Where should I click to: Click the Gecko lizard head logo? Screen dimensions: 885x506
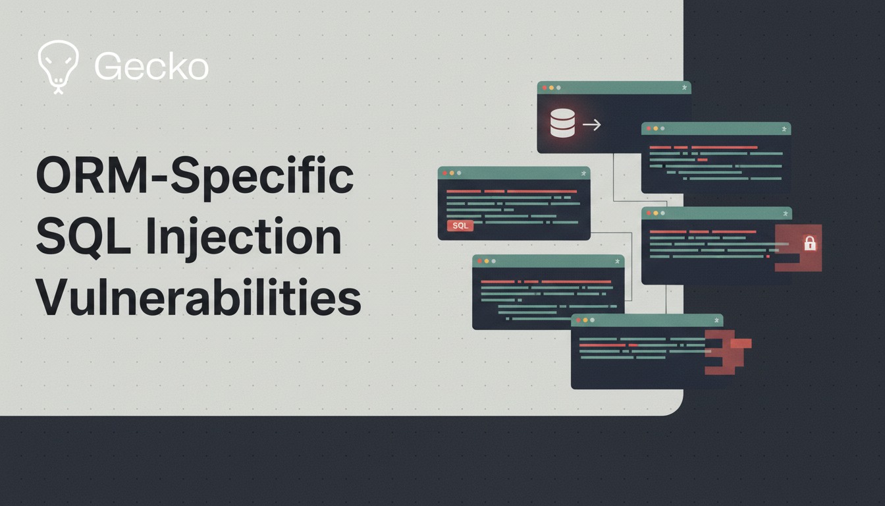tap(58, 67)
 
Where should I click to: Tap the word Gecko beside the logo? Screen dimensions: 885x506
tap(151, 67)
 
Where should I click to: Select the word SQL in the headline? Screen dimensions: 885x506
tap(83, 237)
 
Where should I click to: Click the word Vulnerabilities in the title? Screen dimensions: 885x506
tap(198, 297)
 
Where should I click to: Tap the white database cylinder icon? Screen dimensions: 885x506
tap(562, 123)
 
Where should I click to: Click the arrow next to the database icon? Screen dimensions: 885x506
tap(592, 125)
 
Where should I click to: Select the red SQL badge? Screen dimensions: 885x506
tap(460, 226)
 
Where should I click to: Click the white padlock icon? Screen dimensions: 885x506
tap(810, 243)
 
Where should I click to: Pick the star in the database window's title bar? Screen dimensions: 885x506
tap(684, 88)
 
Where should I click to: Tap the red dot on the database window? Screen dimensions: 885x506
tap(545, 88)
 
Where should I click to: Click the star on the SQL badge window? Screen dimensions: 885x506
tap(583, 173)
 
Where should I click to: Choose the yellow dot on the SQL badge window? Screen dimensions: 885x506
tap(452, 173)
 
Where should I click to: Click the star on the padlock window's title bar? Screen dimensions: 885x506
tap(786, 213)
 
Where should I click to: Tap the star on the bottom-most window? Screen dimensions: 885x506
tap(716, 320)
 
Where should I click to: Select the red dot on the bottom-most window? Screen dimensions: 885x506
tap(578, 320)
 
